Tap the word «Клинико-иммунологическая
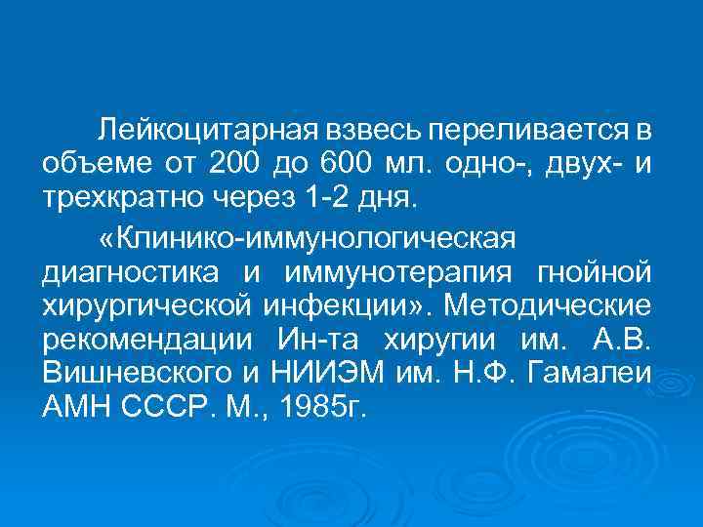pyautogui.click(x=311, y=240)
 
